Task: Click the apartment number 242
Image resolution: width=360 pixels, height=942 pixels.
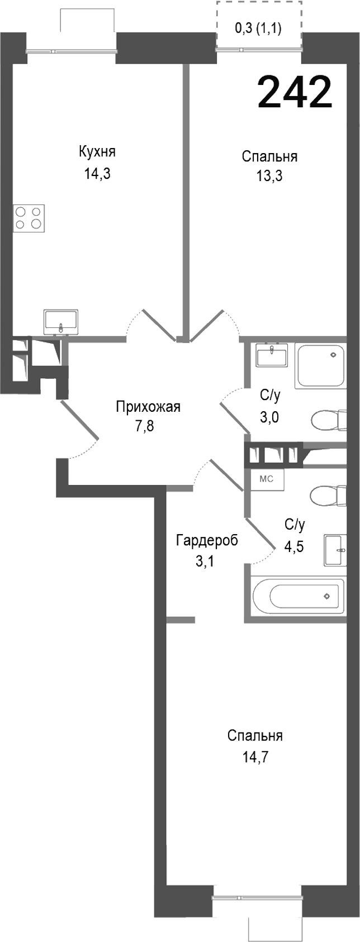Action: tap(295, 92)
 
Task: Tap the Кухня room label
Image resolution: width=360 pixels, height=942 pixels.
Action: tap(97, 152)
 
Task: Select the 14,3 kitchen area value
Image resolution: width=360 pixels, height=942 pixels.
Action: tap(97, 174)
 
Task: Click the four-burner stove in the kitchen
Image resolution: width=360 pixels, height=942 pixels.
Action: tap(29, 218)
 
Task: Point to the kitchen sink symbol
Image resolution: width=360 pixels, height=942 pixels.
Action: tap(61, 322)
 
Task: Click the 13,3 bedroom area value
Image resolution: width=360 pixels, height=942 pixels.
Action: tap(269, 177)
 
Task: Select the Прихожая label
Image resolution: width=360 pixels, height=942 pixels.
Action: tap(148, 406)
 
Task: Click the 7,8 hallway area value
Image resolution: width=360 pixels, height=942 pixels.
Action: tap(144, 426)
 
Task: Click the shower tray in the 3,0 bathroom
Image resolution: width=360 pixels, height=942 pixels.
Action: tap(321, 366)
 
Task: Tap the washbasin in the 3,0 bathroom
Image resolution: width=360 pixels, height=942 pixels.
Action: tap(272, 355)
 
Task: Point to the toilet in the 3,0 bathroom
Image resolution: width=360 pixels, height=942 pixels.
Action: tap(328, 420)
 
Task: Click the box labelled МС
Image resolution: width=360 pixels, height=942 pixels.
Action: tap(267, 479)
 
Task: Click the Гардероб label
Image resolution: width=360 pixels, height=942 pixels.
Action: tap(207, 540)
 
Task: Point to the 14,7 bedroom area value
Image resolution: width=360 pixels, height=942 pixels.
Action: tap(255, 758)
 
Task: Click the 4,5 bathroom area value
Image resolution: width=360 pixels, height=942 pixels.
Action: tap(294, 546)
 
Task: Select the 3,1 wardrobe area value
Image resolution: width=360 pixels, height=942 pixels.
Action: tap(205, 561)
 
